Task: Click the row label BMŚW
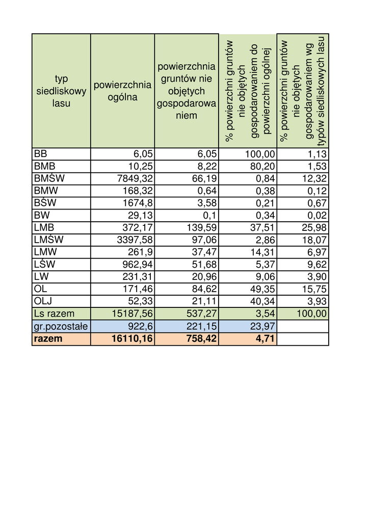pos(46,178)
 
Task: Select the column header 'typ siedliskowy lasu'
pos(61,91)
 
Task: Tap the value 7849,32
pos(131,178)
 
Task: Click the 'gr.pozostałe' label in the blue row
pos(60,326)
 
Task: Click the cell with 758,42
pos(201,338)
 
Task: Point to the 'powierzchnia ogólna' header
pos(122,91)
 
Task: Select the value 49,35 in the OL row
pos(262,289)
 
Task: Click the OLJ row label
pos(43,300)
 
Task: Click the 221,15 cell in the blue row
pos(200,326)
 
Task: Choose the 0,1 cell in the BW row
pos(209,215)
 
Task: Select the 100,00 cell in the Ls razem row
pos(311,313)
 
